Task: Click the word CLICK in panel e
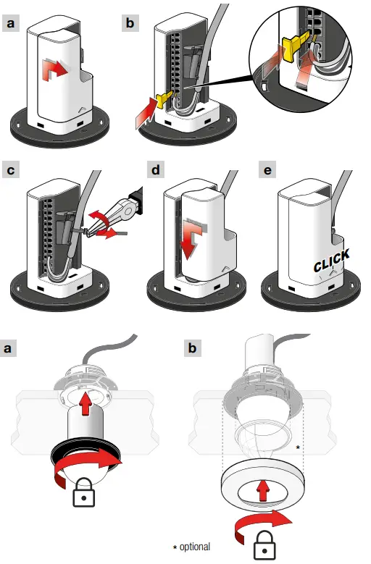[331, 261]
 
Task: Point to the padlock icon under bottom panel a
[84, 492]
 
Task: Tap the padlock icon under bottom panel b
[265, 544]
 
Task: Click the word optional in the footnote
[195, 547]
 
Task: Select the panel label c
[11, 169]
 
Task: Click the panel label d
[156, 169]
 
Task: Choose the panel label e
[267, 169]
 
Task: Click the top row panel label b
[130, 23]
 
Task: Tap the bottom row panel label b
[193, 348]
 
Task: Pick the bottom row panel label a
[8, 348]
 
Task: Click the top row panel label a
[11, 23]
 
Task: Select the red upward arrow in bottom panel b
[264, 489]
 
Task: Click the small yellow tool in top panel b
[163, 100]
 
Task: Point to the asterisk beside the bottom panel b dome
[298, 447]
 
